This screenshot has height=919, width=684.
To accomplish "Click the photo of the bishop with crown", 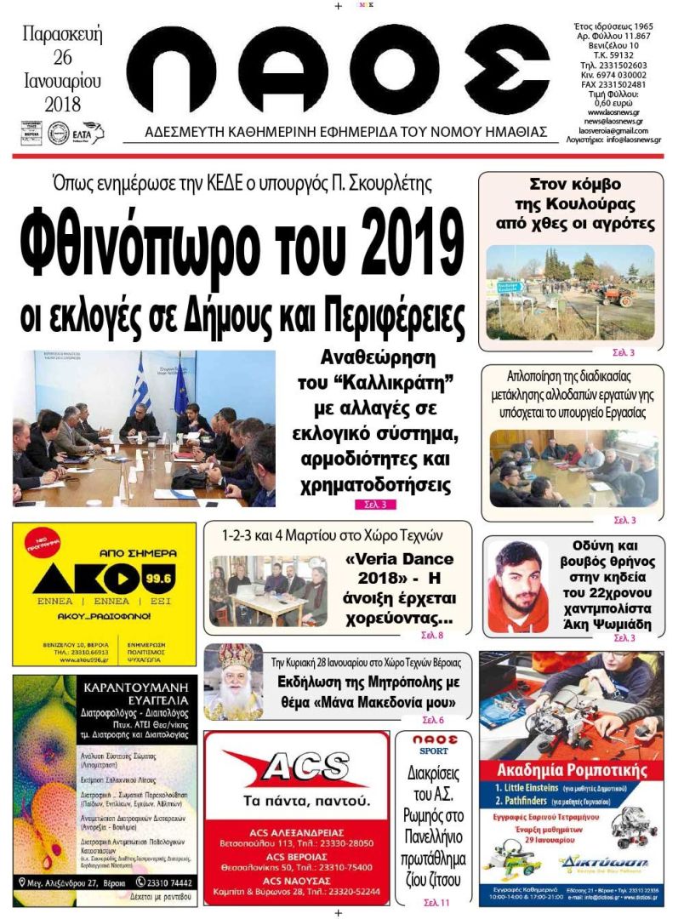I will tap(231, 681).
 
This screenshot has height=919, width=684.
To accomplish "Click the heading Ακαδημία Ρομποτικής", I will tap(570, 770).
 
